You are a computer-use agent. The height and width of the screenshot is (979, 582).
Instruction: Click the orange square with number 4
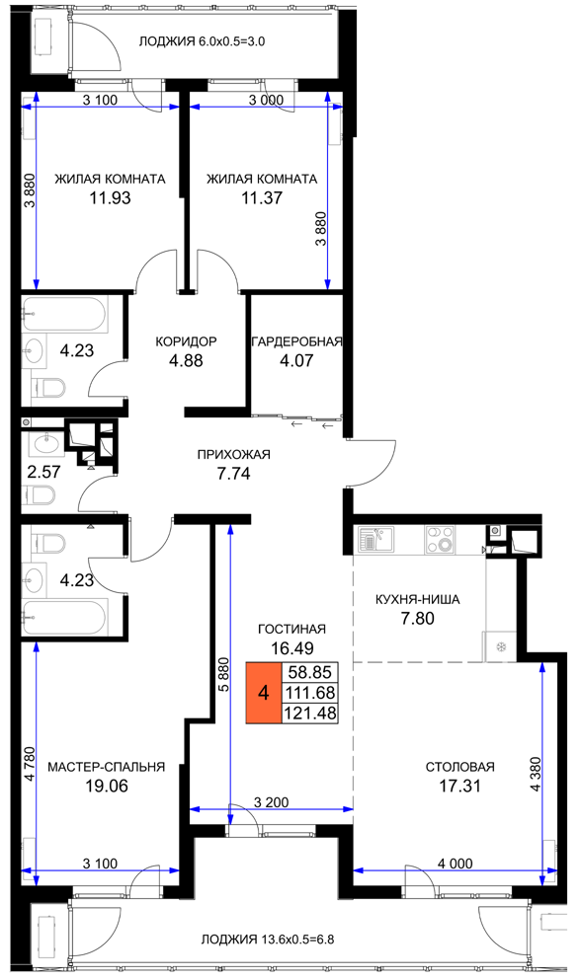263,693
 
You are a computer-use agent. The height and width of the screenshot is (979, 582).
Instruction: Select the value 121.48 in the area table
310,713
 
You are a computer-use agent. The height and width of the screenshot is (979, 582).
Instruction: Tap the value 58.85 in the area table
310,672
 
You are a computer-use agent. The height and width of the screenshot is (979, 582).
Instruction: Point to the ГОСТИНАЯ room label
291,629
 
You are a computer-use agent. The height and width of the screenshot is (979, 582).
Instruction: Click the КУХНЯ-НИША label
418,599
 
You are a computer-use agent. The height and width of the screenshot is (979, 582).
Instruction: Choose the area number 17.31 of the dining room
460,786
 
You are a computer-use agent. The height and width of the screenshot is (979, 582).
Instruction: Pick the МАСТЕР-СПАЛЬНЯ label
107,767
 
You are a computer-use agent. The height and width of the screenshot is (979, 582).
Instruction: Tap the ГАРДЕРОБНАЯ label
297,341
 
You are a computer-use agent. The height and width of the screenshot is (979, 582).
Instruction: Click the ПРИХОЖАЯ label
234,455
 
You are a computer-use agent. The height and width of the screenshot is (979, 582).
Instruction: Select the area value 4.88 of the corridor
187,360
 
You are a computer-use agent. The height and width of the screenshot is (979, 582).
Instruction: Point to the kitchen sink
375,538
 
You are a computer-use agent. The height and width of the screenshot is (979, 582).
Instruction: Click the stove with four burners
442,539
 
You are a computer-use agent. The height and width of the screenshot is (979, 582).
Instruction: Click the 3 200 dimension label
272,802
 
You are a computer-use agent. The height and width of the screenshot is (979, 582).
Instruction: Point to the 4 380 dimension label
535,774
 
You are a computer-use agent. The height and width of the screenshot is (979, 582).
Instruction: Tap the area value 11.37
262,198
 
